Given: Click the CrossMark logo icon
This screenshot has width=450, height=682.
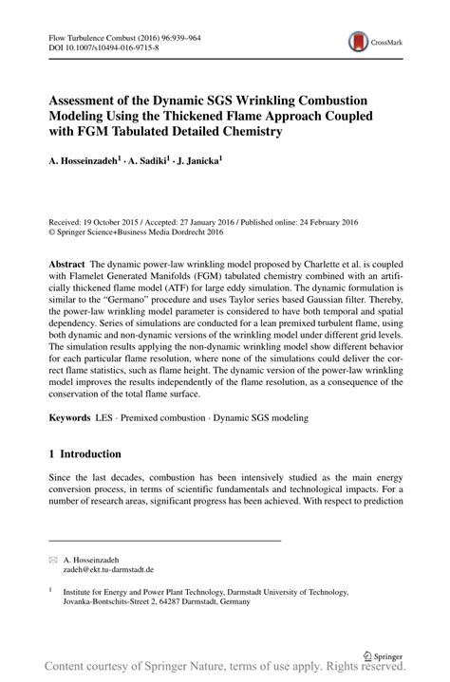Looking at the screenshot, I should pos(357,42).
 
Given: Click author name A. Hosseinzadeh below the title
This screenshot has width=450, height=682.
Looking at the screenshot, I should pos(85,163).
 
